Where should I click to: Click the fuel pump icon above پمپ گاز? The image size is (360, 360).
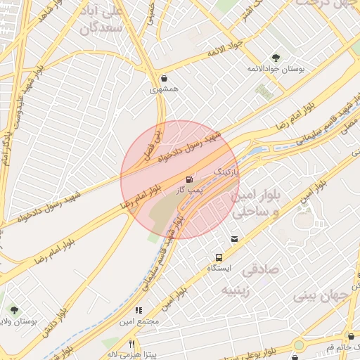188,180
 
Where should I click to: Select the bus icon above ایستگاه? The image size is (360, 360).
219,258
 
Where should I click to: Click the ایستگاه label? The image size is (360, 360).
219,269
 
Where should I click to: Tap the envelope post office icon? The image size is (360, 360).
234,239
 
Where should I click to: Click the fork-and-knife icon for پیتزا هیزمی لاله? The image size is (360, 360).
131,344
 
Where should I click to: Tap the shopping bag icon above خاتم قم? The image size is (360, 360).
351,336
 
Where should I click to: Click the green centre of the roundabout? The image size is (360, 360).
298,346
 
